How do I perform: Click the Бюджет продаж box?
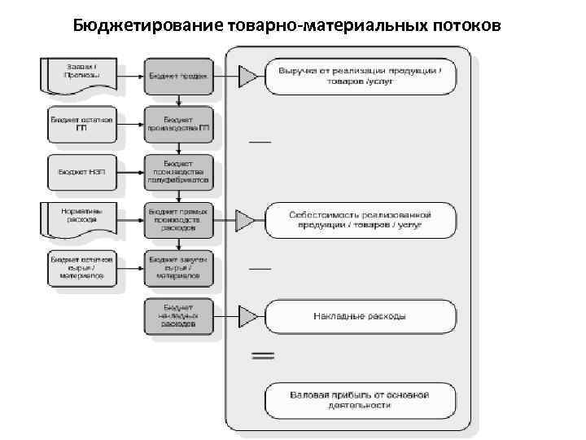click(179, 76)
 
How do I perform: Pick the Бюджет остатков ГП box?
click(81, 123)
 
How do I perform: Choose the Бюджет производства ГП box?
click(179, 123)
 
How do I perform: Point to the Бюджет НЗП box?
click(81, 172)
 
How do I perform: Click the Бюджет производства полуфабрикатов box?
click(179, 172)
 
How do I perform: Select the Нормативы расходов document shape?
click(81, 218)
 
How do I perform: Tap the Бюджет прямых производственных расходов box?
click(179, 219)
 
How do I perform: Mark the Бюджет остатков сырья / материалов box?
click(81, 268)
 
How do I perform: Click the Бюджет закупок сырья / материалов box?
click(179, 268)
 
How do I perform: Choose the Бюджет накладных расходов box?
click(179, 316)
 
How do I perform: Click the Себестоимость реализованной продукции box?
click(360, 219)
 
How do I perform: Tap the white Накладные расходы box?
click(360, 315)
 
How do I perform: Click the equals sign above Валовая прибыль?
click(261, 356)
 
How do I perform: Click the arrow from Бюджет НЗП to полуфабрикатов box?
click(130, 172)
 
